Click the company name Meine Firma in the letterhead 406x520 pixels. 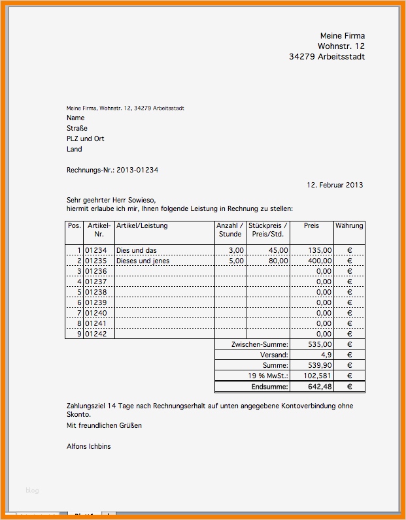pos(342,35)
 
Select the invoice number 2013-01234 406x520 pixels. pos(137,170)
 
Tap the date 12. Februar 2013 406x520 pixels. pos(335,185)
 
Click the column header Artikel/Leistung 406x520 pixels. pos(142,226)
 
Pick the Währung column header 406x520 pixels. pos(349,226)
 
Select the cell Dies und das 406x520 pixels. pos(137,250)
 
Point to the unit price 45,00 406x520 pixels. pos(278,250)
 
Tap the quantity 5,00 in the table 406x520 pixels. pos(236,261)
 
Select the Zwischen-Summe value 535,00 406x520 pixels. pos(320,344)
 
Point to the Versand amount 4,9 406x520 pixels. pos(326,355)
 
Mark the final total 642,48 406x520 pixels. pos(320,387)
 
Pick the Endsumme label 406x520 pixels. pos(269,387)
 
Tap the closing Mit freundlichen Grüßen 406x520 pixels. pos(104,425)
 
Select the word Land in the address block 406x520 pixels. pos(75,149)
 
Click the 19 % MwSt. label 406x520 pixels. pos(268,376)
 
